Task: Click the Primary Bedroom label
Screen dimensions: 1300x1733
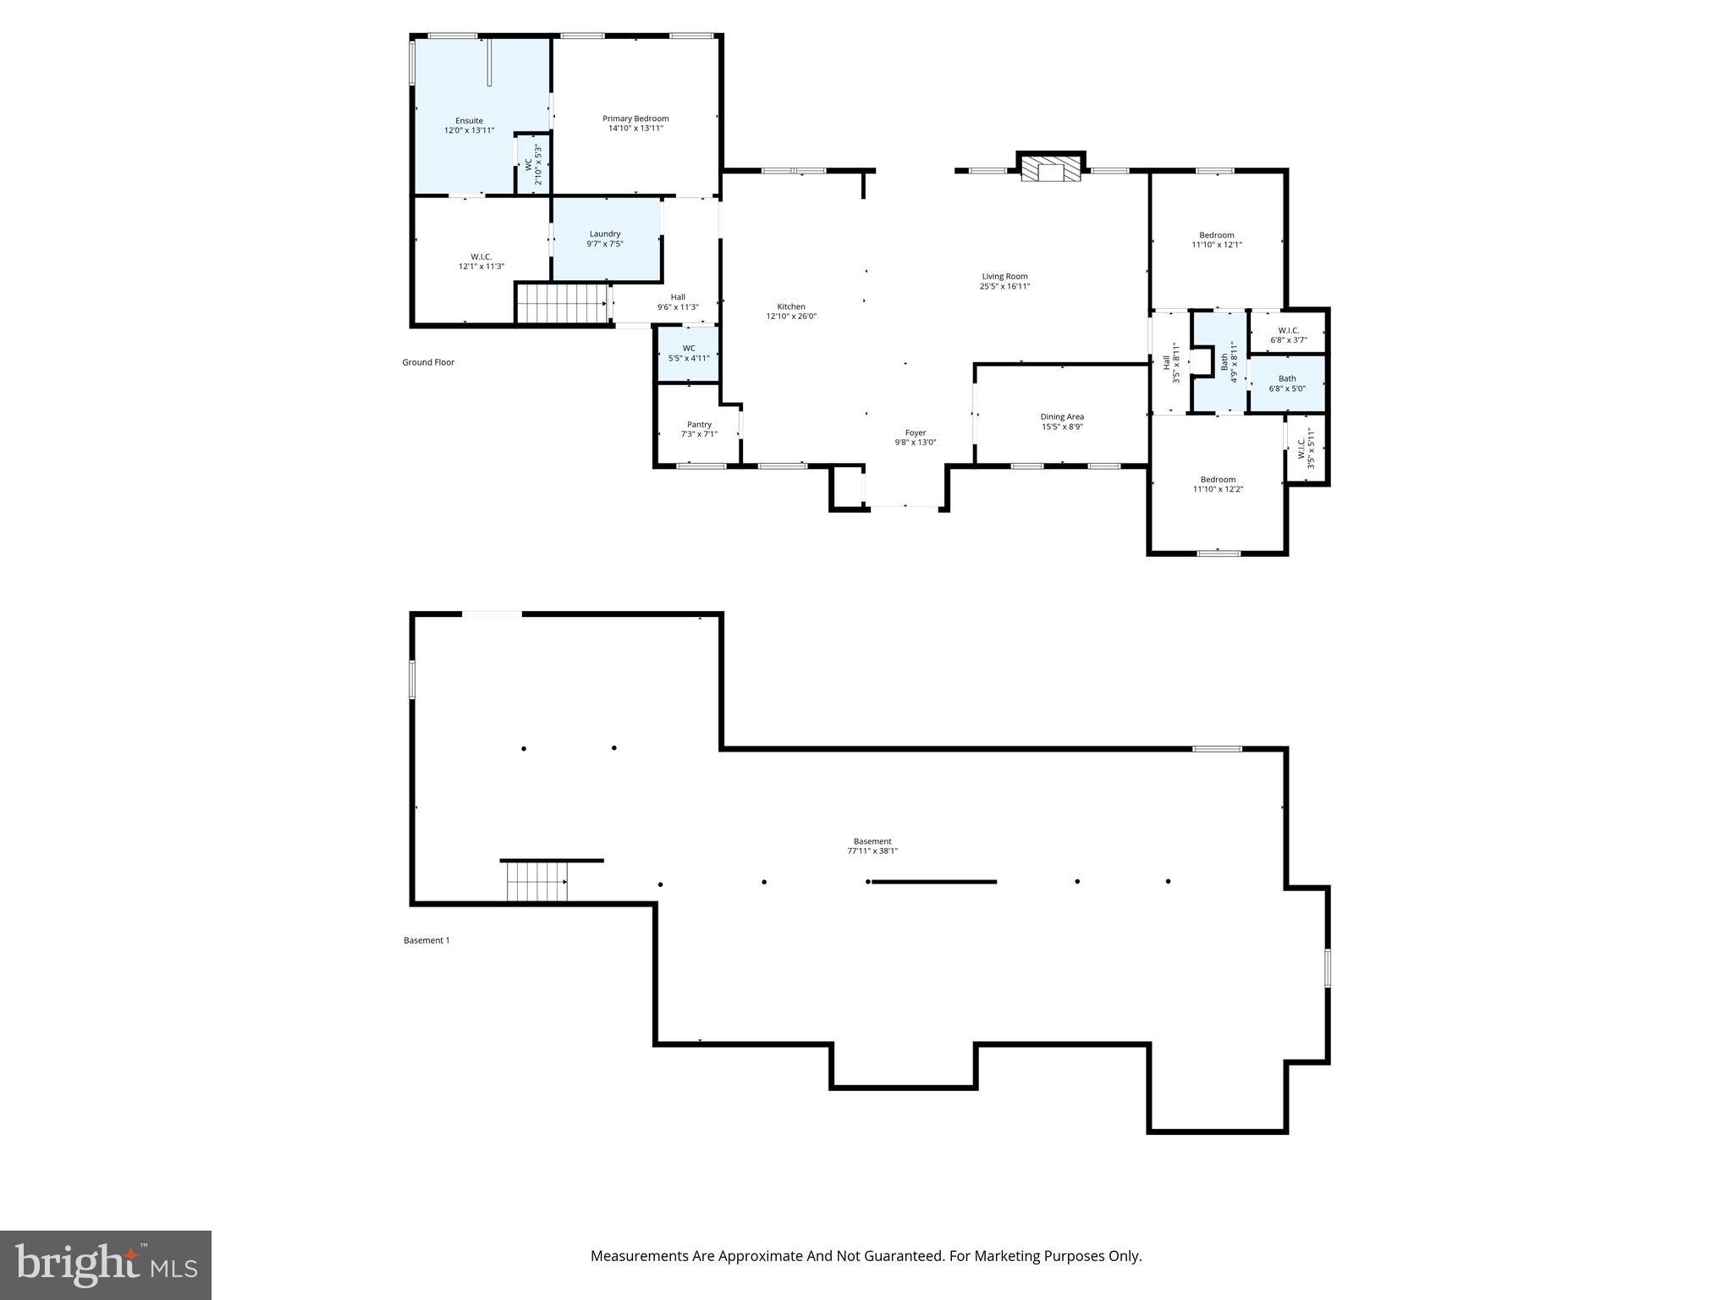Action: tap(635, 118)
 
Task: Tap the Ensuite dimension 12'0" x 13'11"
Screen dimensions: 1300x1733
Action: tap(469, 131)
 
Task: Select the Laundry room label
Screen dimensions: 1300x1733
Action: tap(605, 234)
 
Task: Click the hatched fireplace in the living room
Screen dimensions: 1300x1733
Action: tap(1051, 168)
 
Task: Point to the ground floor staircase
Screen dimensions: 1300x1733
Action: tap(563, 303)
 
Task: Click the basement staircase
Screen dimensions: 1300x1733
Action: tap(537, 882)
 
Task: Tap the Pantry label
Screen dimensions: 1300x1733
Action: tap(699, 424)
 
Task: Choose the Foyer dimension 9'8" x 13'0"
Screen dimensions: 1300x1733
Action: tap(916, 443)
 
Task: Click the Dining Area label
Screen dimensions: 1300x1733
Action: tap(1062, 416)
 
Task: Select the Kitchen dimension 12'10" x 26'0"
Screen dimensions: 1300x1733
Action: tap(791, 317)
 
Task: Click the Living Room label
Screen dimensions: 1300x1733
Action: tap(1004, 276)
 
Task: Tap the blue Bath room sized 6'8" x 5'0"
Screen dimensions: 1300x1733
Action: tap(1286, 383)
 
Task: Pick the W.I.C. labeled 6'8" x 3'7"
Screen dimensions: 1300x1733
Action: tap(1288, 335)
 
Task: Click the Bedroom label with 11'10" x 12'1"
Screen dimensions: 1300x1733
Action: tap(1217, 234)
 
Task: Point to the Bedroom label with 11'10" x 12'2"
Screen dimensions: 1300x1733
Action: tap(1218, 479)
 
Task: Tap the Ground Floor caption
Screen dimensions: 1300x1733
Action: tap(428, 362)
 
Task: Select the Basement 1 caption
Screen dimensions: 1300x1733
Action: tap(426, 940)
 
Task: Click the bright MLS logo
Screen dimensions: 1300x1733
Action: tap(106, 1265)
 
